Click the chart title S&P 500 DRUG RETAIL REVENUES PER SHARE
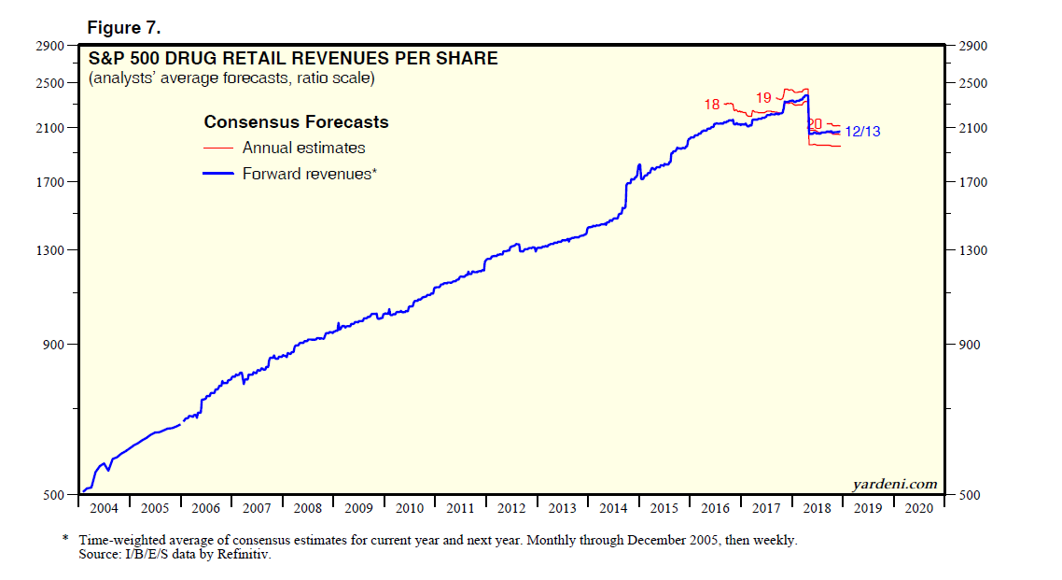click(x=293, y=59)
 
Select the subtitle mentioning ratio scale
click(x=231, y=78)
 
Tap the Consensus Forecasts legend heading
click(x=296, y=122)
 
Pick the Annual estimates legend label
click(x=303, y=148)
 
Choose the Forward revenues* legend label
click(x=309, y=173)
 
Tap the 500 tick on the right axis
click(x=966, y=495)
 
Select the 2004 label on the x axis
click(x=104, y=509)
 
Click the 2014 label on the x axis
click(x=613, y=509)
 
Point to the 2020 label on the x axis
click(x=918, y=509)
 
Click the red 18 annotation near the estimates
click(x=712, y=105)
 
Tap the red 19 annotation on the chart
click(x=762, y=97)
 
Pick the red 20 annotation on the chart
click(x=814, y=123)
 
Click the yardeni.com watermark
click(x=894, y=483)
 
